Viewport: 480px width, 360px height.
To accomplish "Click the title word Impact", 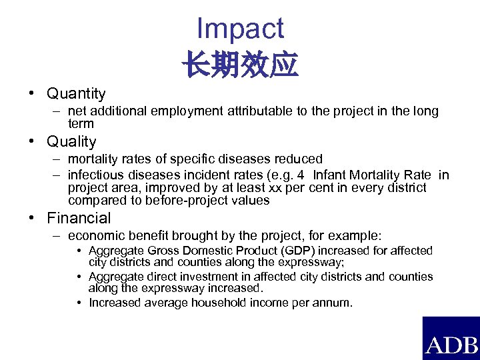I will (x=240, y=29).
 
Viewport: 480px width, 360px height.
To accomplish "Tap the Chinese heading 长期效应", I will (x=240, y=65).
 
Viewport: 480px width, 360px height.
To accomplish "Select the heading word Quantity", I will (x=76, y=94).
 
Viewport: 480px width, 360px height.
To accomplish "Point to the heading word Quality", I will (x=71, y=142).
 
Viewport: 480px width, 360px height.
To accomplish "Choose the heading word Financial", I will (x=79, y=218).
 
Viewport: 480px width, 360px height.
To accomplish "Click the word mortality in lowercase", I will (x=92, y=159).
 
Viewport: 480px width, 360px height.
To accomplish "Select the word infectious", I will (x=94, y=175).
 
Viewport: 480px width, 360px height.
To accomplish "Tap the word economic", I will (x=95, y=236).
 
